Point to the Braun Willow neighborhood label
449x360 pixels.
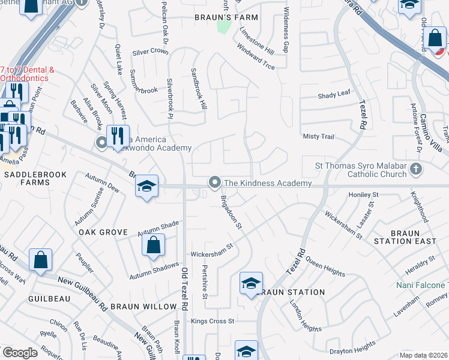pyautogui.click(x=143, y=306)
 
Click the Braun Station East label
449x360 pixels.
pyautogui.click(x=405, y=236)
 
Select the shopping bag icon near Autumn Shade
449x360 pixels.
pyautogui.click(x=154, y=244)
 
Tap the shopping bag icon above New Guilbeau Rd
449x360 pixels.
pyautogui.click(x=40, y=260)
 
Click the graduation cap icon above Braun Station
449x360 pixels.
pyautogui.click(x=251, y=283)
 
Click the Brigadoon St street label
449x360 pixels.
pyautogui.click(x=231, y=212)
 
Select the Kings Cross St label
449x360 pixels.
pyautogui.click(x=212, y=321)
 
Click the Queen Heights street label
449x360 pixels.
pyautogui.click(x=325, y=267)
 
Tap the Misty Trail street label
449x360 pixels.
pyautogui.click(x=318, y=137)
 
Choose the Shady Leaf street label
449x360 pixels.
pyautogui.click(x=334, y=94)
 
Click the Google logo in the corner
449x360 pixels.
pyautogui.click(x=20, y=353)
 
